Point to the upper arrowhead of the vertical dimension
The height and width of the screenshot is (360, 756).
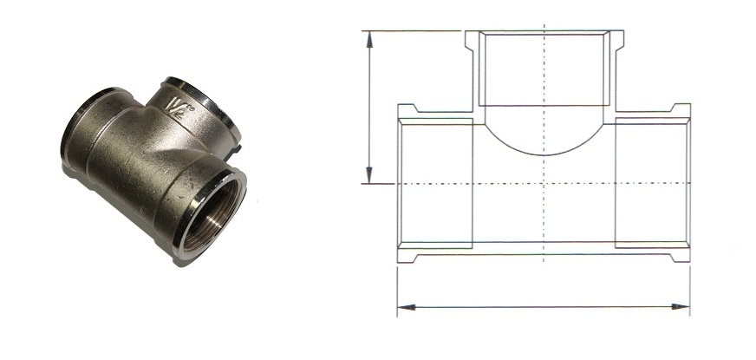369,39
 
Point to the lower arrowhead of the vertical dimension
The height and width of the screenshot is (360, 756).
369,175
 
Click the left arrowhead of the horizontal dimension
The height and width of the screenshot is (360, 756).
406,307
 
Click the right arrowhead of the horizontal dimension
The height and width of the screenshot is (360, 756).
681,307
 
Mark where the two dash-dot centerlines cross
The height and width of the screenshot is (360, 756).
544,184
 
